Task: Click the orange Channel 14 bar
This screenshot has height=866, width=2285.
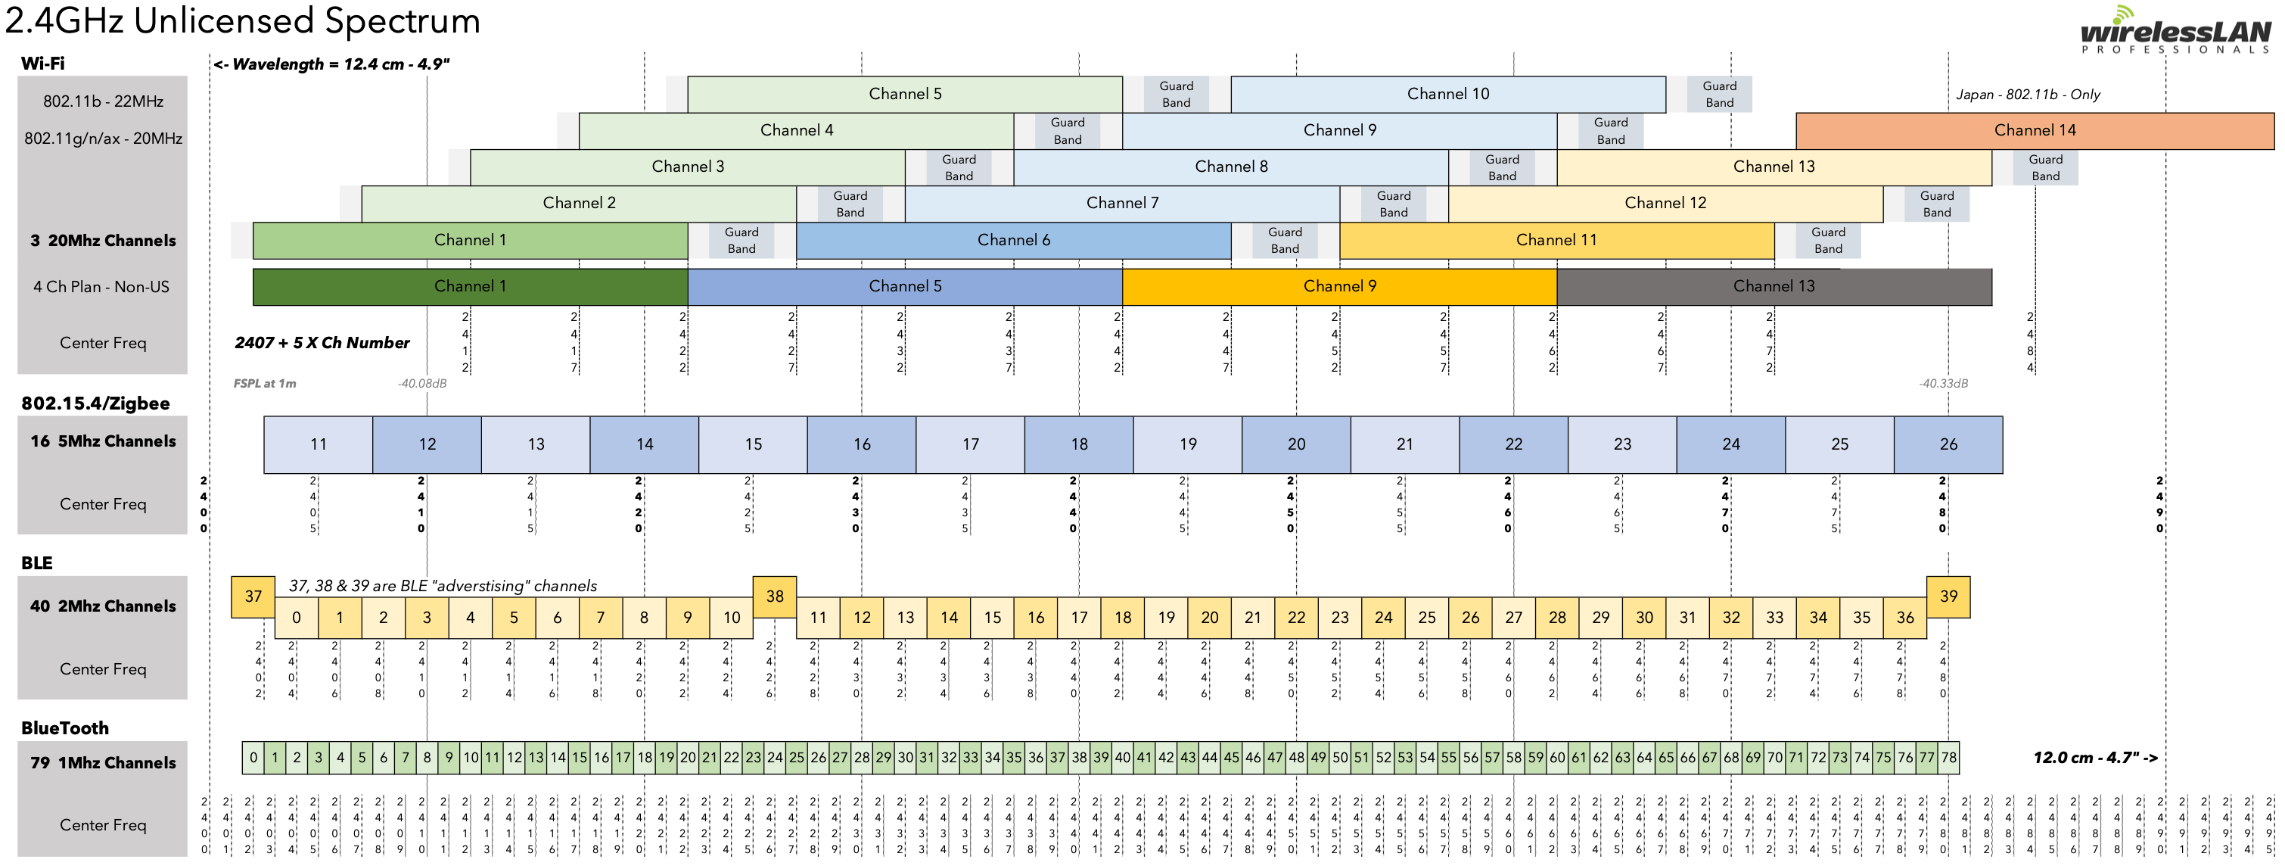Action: click(2034, 130)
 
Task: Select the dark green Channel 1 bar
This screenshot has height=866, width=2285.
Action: click(470, 287)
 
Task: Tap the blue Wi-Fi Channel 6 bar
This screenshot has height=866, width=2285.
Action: click(1013, 241)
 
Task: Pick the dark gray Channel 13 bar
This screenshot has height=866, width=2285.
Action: click(1774, 287)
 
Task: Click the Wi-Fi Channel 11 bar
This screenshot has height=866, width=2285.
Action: click(1556, 241)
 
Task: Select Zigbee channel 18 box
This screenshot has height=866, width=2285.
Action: click(1079, 444)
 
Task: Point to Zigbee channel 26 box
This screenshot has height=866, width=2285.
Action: click(1948, 444)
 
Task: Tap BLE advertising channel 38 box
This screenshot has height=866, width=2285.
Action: click(774, 597)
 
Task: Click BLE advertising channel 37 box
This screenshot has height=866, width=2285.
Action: click(253, 597)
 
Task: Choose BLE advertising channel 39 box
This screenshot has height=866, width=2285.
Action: click(1948, 597)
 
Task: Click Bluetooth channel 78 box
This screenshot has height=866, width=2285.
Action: click(1948, 758)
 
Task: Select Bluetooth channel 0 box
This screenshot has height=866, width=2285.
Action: click(253, 758)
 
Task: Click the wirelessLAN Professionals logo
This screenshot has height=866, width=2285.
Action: click(2175, 32)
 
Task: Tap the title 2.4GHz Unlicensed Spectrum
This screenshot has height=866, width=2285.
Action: click(243, 20)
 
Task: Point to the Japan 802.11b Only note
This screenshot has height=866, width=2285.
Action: click(2028, 95)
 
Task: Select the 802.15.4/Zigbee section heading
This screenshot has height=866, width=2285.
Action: click(95, 403)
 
